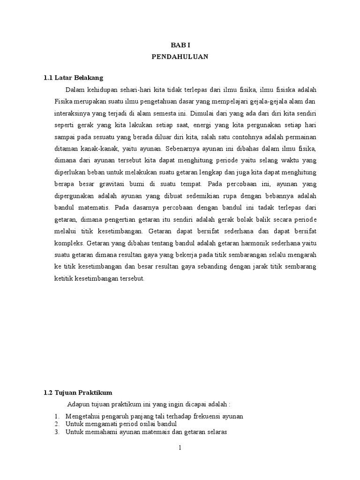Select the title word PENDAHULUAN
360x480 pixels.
point(180,57)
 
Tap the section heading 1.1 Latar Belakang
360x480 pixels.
point(73,77)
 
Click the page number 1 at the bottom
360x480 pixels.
point(180,448)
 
